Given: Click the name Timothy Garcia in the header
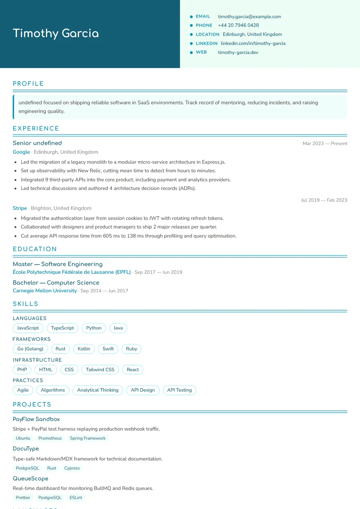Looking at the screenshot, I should (x=56, y=33).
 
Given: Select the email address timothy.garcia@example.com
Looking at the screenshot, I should (x=249, y=16).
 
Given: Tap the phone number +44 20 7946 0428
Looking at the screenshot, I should (x=238, y=25).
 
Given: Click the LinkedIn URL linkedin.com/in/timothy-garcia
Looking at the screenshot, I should (x=253, y=43).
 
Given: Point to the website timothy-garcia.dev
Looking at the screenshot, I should (x=238, y=52).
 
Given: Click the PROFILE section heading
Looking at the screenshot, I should (x=28, y=84).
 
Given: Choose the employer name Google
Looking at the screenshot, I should (x=21, y=152).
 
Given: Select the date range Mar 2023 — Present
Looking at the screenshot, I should (x=325, y=144).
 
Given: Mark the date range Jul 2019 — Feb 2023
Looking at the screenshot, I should (x=324, y=200).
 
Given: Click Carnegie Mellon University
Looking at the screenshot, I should (x=45, y=291).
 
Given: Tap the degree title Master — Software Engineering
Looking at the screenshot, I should (x=57, y=264).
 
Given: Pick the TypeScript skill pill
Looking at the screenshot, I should (x=62, y=328).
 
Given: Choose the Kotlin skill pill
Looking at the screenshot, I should (x=84, y=349).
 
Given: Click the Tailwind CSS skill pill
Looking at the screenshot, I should (x=100, y=370).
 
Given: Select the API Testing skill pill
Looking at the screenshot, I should (x=179, y=390).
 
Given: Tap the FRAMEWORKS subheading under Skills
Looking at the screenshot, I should (x=31, y=339).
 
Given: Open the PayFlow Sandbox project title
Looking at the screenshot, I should (x=36, y=419).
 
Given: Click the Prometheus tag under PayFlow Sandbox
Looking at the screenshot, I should (x=50, y=438).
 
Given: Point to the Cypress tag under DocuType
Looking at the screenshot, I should (x=72, y=468).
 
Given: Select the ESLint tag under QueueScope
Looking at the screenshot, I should (x=76, y=498).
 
